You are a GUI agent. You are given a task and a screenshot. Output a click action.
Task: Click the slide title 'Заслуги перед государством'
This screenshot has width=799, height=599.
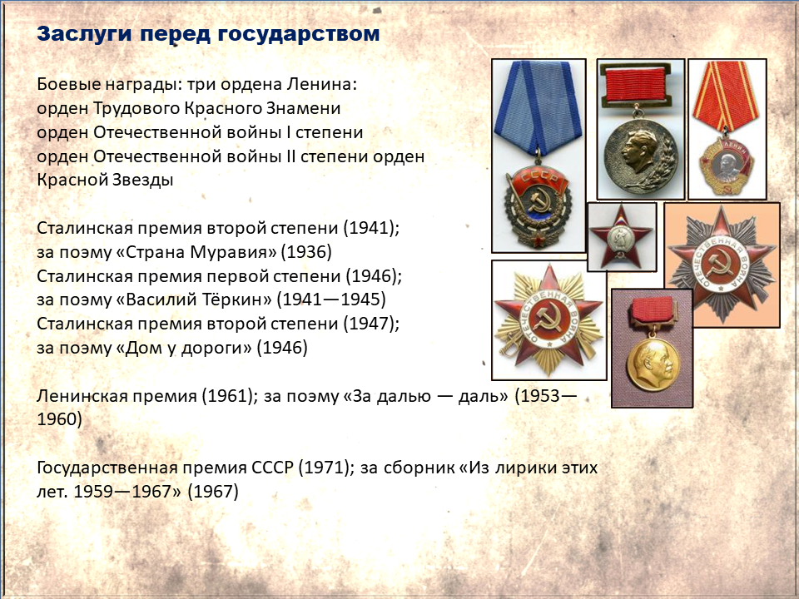(x=208, y=34)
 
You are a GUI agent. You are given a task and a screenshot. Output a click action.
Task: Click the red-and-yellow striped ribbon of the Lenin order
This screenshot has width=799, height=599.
(x=726, y=97)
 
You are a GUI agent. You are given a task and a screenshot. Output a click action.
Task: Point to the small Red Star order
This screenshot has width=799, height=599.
(x=621, y=236)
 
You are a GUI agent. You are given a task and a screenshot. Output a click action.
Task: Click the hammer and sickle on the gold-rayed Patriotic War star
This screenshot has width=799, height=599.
(x=548, y=320)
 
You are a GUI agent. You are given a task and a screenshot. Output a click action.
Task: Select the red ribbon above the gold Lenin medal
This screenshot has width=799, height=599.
(x=653, y=309)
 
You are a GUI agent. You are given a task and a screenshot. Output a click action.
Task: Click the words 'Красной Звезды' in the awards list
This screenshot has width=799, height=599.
(x=105, y=180)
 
